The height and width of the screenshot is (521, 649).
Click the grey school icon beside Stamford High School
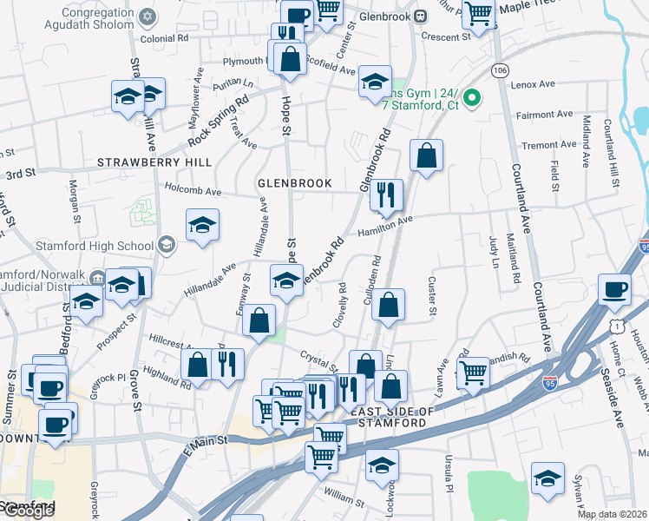(165, 245)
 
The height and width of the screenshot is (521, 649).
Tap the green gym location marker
(472, 98)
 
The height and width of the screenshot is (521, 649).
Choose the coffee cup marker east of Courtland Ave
(616, 290)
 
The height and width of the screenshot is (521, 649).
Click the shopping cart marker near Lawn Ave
(473, 372)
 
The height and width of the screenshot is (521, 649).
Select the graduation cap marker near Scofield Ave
(375, 82)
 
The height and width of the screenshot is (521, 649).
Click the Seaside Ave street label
(619, 406)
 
